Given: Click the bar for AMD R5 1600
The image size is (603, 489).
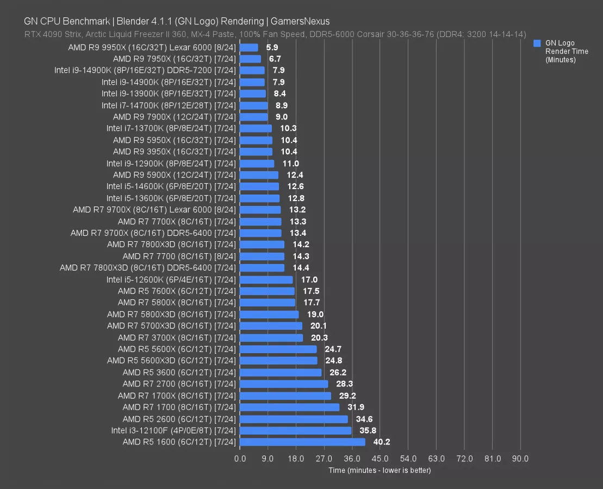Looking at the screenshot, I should [302, 442].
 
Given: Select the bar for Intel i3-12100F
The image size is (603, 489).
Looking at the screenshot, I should [295, 430].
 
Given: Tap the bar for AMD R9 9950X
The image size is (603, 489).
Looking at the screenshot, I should [248, 47].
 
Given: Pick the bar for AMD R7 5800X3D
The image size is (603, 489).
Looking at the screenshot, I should [269, 314].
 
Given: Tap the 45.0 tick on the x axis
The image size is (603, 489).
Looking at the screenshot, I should [380, 459].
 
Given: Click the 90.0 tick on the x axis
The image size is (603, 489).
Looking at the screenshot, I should [520, 459].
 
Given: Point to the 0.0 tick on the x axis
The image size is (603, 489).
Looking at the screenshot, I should [240, 459].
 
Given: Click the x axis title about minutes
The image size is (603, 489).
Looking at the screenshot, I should [380, 470].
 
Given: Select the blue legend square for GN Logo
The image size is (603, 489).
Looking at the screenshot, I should [537, 43].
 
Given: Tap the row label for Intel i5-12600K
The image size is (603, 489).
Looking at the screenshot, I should [171, 279].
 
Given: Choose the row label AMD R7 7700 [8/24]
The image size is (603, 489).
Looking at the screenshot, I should [179, 256].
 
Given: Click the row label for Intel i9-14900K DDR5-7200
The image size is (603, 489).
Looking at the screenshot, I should [145, 70].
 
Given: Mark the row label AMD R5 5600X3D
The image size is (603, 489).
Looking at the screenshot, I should [171, 360].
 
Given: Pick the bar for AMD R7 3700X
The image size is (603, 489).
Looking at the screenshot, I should [271, 337].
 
